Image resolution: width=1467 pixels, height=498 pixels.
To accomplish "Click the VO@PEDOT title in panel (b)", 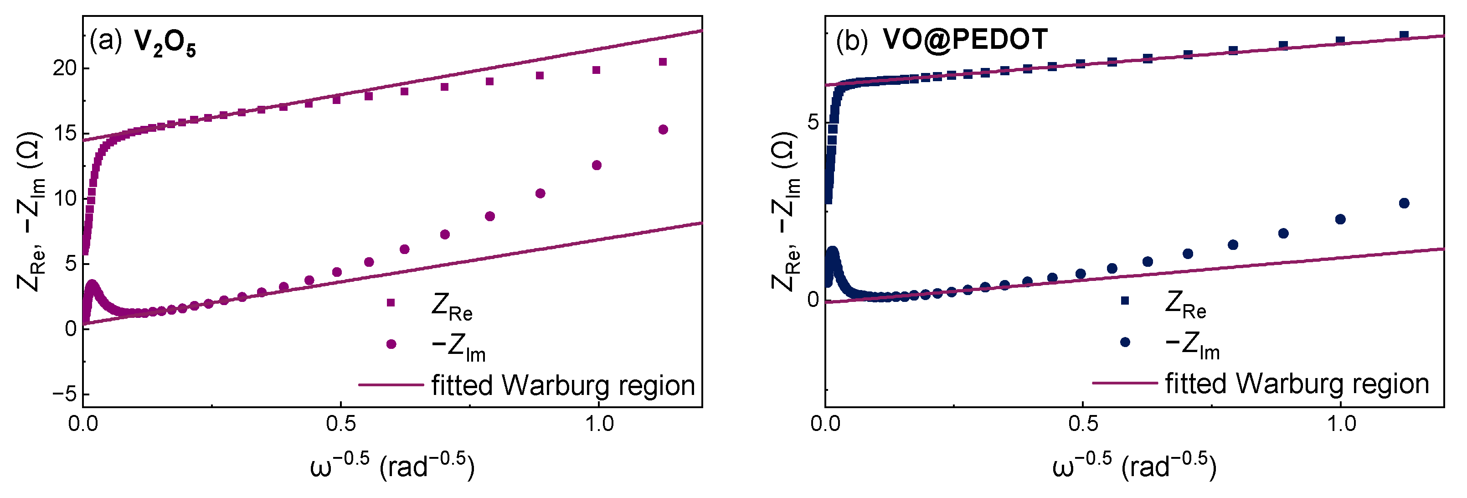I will tap(965, 39).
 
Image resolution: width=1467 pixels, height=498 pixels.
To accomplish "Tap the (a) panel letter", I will tap(105, 41).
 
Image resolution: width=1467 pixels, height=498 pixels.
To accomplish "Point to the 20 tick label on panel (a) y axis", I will tap(64, 68).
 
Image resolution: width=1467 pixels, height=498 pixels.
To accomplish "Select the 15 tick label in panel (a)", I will tap(64, 133).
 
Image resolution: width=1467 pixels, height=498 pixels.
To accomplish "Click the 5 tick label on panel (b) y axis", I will tap(813, 121).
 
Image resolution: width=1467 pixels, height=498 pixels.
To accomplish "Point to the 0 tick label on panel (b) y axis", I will tap(813, 299).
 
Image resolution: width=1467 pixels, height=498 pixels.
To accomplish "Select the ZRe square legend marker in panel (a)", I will tap(391, 302).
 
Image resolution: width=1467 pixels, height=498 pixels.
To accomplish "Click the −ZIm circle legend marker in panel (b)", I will tap(1125, 342).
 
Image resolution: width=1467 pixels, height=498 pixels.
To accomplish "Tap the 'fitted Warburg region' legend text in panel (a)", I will tap(563, 385).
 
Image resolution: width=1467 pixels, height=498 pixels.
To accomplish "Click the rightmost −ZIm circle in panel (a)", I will tap(663, 130).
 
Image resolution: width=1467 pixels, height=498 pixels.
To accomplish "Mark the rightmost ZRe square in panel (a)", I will tap(663, 62).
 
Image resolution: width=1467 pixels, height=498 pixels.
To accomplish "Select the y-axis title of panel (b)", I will tap(786, 211).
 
